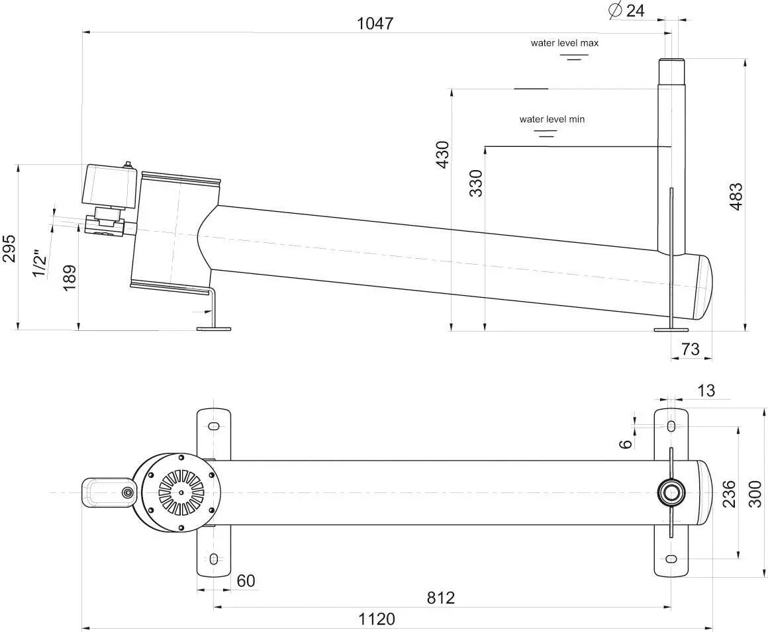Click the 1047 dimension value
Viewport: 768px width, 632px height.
[375, 23]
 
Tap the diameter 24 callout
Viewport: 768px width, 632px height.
[627, 11]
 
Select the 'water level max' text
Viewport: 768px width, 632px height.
[564, 42]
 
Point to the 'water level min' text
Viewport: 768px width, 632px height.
[552, 119]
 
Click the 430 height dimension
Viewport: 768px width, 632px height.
[442, 155]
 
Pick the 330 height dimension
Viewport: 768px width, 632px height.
[475, 183]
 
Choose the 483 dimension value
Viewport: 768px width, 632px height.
[736, 197]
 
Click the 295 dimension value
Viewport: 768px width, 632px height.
[9, 249]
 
